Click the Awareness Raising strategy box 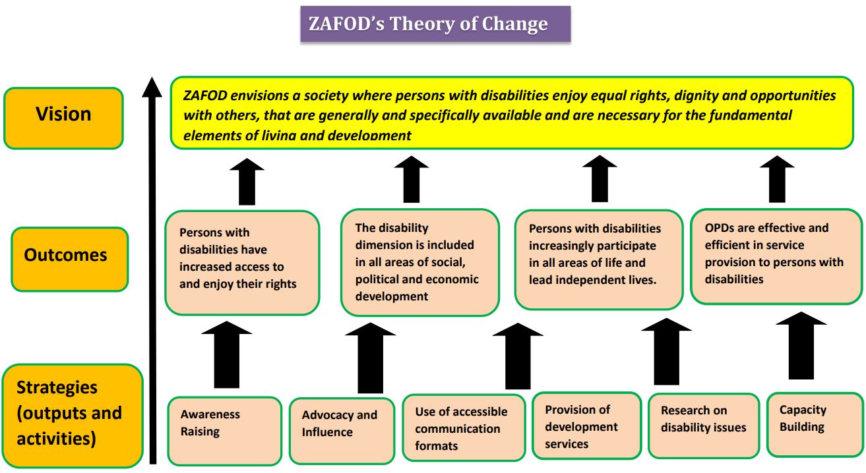pyautogui.click(x=224, y=430)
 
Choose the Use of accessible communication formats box pyautogui.click(x=464, y=428)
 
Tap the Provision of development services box pyautogui.click(x=586, y=426)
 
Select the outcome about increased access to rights pyautogui.click(x=241, y=262)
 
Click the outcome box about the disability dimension pyautogui.click(x=419, y=262)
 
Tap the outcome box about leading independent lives pyautogui.click(x=598, y=259)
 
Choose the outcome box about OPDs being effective pyautogui.click(x=776, y=256)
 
